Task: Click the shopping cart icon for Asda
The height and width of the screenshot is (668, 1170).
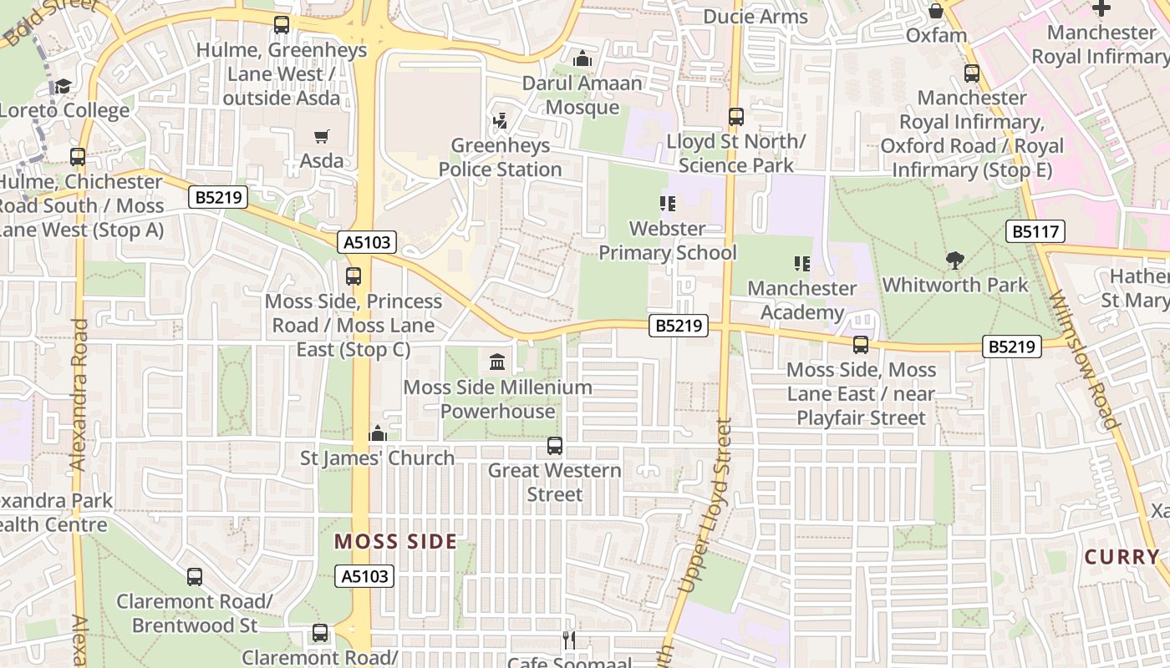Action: pos(322,136)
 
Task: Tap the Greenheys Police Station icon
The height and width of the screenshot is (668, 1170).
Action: pos(501,121)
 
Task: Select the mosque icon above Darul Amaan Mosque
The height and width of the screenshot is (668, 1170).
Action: pos(582,58)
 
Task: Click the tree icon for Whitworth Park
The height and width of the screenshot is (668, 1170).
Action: pos(954,261)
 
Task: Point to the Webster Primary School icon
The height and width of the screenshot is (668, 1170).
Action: pos(667,203)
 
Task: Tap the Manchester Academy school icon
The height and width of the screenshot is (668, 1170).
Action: pos(802,264)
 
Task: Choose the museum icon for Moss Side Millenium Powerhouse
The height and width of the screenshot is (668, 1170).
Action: pos(497,362)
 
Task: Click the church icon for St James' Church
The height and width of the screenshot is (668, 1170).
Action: pos(378,433)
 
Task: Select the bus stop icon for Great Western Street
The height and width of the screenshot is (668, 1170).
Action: pos(555,446)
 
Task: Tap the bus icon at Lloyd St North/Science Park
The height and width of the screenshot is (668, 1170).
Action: pos(735,117)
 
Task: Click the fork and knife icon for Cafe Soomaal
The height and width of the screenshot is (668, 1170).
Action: pos(569,640)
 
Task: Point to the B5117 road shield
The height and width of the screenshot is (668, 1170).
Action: pos(1035,231)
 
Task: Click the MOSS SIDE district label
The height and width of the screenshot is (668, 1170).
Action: pos(396,541)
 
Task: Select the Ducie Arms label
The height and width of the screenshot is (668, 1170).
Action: pos(755,17)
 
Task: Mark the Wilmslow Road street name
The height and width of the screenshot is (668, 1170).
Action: pos(1084,359)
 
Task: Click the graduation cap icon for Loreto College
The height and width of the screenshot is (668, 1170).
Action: pos(63,86)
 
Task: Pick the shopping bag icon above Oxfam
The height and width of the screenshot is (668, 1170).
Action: pos(936,11)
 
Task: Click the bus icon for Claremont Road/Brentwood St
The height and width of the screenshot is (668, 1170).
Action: pos(195,576)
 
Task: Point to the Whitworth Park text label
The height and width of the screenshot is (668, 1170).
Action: pos(955,285)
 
